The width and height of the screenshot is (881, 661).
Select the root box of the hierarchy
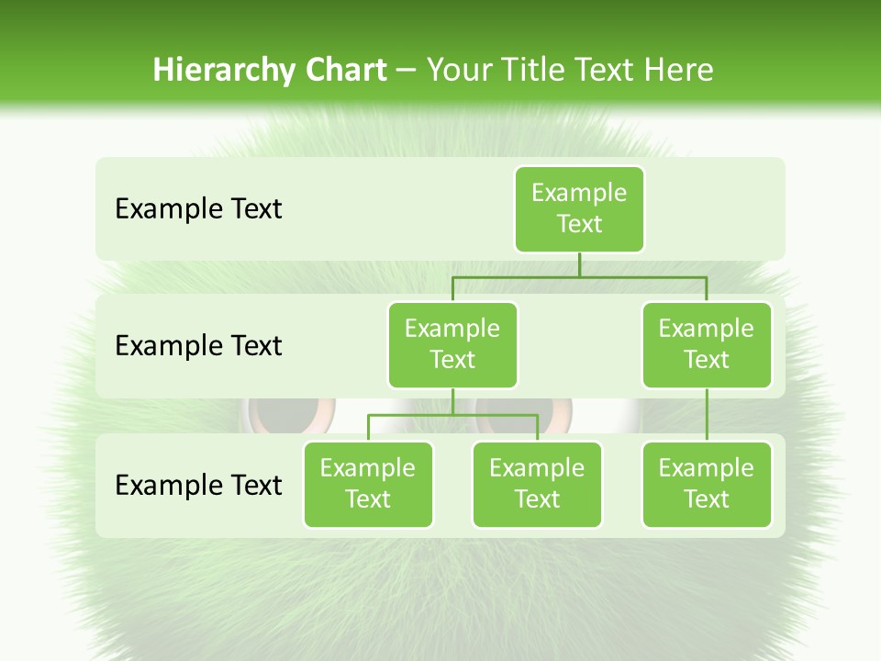pyautogui.click(x=579, y=208)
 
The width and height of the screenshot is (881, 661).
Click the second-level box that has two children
pyautogui.click(x=452, y=344)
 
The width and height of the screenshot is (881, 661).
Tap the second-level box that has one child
pyautogui.click(x=706, y=344)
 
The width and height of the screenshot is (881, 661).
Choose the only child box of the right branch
pyautogui.click(x=706, y=484)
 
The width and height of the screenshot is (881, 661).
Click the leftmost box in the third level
pyautogui.click(x=368, y=484)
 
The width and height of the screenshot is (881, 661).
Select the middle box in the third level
pyautogui.click(x=537, y=484)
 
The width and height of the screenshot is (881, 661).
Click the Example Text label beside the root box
pyautogui.click(x=198, y=208)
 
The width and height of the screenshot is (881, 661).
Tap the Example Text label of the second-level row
pyautogui.click(x=198, y=345)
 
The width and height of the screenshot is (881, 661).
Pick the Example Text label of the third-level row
pyautogui.click(x=198, y=485)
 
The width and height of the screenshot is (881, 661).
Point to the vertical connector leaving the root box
pyautogui.click(x=579, y=263)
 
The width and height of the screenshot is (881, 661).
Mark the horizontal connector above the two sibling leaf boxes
pyautogui.click(x=452, y=415)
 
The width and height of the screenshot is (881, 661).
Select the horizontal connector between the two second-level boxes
pyautogui.click(x=579, y=275)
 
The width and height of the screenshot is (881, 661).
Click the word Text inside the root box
pyautogui.click(x=579, y=224)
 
